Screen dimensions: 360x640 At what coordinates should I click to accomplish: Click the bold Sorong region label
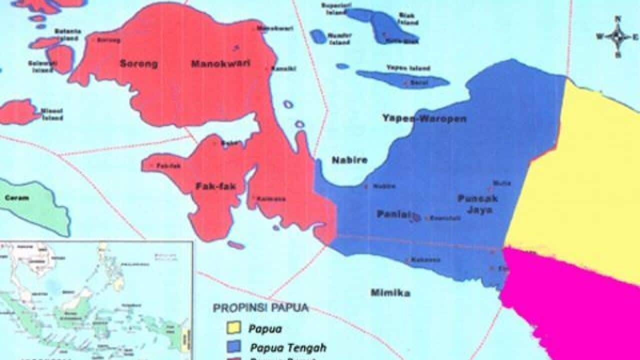(x=138, y=63)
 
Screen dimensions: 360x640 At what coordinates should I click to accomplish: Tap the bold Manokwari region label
(x=220, y=63)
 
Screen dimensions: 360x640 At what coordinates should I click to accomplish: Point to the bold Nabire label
(x=349, y=160)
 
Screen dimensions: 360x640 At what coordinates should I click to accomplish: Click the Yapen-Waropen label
(x=424, y=118)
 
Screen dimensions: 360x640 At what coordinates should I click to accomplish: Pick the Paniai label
(x=392, y=214)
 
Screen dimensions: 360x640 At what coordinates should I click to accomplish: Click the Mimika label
(x=390, y=292)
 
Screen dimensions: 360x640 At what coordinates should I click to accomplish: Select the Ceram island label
(x=16, y=198)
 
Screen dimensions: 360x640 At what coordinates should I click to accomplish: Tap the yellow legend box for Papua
(x=232, y=328)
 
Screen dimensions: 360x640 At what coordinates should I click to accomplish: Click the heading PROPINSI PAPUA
(x=260, y=307)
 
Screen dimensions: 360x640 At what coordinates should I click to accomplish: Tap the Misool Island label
(x=52, y=114)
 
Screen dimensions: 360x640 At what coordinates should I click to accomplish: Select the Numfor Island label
(x=340, y=38)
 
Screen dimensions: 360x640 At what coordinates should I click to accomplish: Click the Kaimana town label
(x=271, y=198)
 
